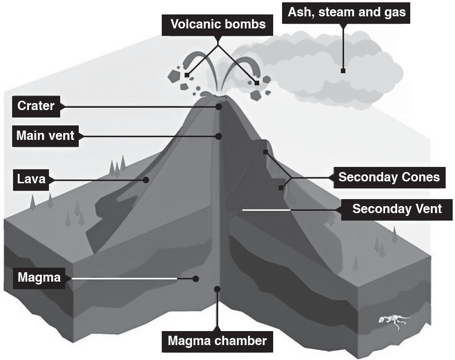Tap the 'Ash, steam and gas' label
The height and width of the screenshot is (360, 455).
[x=346, y=13]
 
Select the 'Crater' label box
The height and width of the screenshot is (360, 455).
[x=36, y=106]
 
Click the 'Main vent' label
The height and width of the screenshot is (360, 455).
[x=45, y=136]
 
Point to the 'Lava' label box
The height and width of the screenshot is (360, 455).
[x=31, y=180]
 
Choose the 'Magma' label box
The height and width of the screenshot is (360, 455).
[x=39, y=278]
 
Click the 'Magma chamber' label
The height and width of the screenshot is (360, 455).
[x=217, y=341]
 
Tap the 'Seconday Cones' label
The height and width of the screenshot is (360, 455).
[x=389, y=177]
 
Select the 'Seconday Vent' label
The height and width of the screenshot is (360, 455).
[x=397, y=209]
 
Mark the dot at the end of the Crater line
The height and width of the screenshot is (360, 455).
[x=219, y=107]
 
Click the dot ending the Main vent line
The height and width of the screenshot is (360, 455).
[x=219, y=136]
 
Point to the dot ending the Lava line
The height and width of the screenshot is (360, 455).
[x=146, y=180]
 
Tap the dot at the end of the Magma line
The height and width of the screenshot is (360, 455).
[x=196, y=279]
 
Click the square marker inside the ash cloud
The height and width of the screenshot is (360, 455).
[x=343, y=71]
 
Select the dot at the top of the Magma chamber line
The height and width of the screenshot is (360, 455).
[x=217, y=289]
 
